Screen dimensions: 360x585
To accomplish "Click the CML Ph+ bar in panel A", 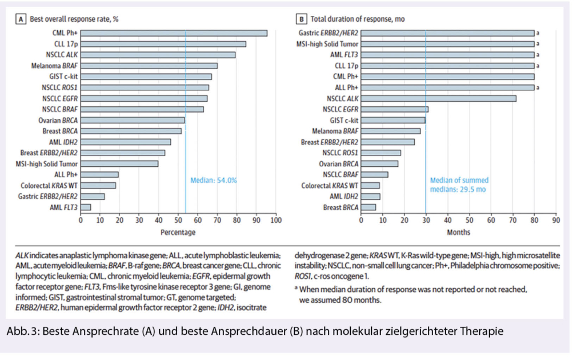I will point(174,33).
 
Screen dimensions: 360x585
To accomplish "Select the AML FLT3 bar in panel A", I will point(86,207).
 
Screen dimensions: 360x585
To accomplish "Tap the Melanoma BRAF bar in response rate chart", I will point(149,66).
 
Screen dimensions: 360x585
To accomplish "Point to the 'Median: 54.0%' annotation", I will point(213,181).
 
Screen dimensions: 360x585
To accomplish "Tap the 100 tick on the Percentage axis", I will point(276,219).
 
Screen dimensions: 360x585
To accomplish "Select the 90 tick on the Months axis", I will point(555,219).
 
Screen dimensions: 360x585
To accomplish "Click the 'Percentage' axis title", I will point(178,232).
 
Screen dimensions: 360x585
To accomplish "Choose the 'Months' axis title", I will point(459,232).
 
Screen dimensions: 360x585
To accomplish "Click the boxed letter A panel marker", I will point(22,19).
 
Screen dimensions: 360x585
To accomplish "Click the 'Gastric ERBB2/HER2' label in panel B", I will point(328,33).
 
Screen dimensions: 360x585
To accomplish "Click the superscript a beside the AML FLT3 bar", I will point(538,55).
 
